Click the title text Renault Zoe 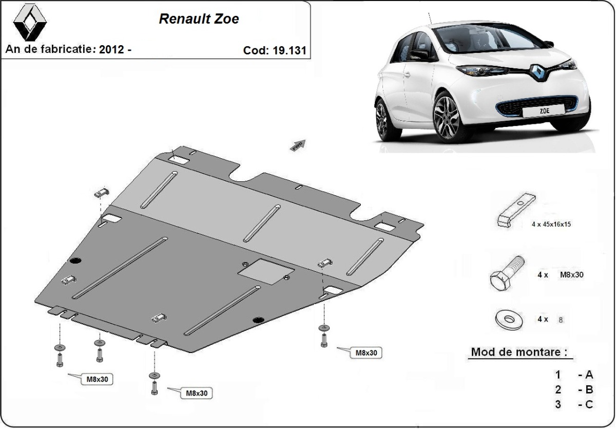pos(198,20)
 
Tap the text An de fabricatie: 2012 pos(68,50)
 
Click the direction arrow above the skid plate pos(298,145)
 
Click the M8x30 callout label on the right pos(366,353)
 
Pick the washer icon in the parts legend pos(509,320)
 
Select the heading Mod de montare pos(519,352)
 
